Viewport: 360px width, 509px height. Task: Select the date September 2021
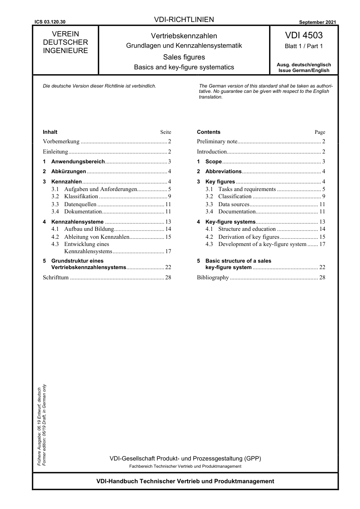pyautogui.click(x=317, y=22)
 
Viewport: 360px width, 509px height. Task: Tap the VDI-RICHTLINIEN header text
pyautogui.click(x=184, y=20)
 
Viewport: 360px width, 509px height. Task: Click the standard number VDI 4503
pyautogui.click(x=304, y=36)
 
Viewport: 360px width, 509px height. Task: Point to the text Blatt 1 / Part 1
pyautogui.click(x=304, y=46)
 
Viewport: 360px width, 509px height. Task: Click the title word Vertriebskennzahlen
pyautogui.click(x=184, y=36)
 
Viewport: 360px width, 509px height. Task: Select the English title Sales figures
pyautogui.click(x=184, y=57)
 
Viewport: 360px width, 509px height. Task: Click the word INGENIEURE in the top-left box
pyautogui.click(x=65, y=51)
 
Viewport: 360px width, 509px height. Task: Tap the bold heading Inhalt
pyautogui.click(x=50, y=132)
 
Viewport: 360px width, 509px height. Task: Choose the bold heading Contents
pyautogui.click(x=208, y=132)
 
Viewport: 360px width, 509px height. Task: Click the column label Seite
pyautogui.click(x=166, y=132)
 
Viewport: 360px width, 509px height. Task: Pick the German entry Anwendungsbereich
pyautogui.click(x=78, y=161)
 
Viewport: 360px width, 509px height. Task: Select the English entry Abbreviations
pyautogui.click(x=223, y=171)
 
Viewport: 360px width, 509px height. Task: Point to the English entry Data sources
pyautogui.click(x=233, y=204)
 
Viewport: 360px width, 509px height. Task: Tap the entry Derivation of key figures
pyautogui.click(x=248, y=237)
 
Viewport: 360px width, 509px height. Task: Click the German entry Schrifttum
pyautogui.click(x=56, y=277)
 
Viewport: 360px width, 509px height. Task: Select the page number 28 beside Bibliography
pyautogui.click(x=322, y=277)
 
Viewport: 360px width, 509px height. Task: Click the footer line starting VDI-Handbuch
pyautogui.click(x=185, y=481)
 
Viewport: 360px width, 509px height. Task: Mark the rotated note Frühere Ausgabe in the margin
pyautogui.click(x=39, y=426)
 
